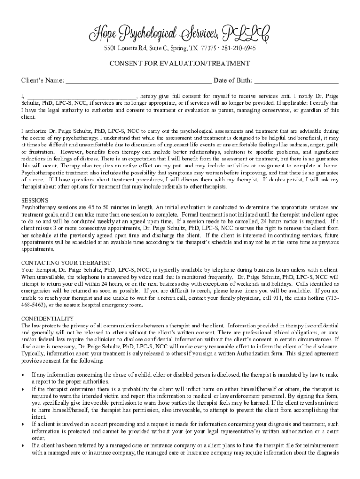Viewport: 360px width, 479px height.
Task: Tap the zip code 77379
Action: tap(208, 48)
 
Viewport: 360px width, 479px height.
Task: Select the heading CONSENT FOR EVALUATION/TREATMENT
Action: tap(180, 64)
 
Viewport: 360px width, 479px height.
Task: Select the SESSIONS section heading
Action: tap(34, 200)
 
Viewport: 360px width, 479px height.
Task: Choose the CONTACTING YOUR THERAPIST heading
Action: tap(66, 263)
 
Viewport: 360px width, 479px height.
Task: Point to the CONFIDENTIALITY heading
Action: tap(48, 319)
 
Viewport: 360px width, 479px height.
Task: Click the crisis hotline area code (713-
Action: tap(331, 298)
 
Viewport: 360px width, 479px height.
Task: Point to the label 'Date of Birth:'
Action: tap(233, 80)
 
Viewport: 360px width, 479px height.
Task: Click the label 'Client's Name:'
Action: tap(43, 80)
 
